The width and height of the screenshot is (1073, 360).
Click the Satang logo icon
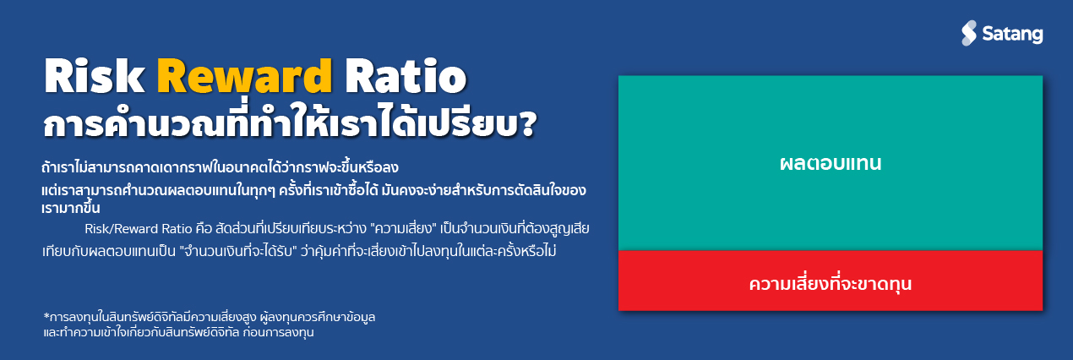coord(969,33)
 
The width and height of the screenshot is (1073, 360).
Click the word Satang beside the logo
coord(1012,34)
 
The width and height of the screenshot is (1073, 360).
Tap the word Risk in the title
coord(93,79)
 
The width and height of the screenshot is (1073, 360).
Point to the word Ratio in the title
coord(406,79)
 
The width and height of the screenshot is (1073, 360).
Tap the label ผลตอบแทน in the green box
coord(831,163)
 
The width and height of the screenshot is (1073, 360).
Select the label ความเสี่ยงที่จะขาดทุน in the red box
coord(831,283)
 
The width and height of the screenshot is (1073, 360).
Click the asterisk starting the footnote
coord(46,315)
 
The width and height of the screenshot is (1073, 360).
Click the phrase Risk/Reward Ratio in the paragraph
coord(139,229)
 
